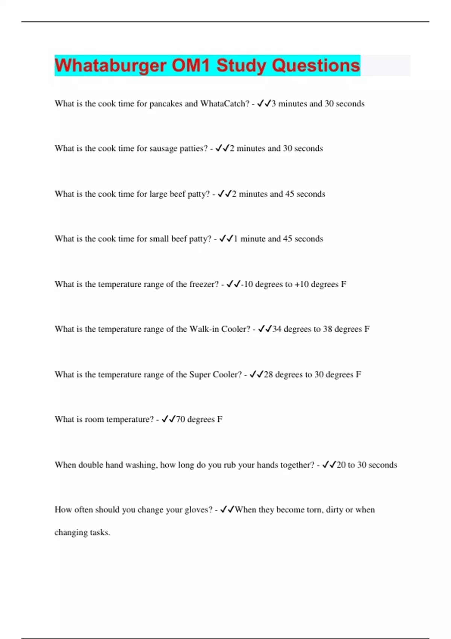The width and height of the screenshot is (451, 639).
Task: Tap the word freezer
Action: [204, 285]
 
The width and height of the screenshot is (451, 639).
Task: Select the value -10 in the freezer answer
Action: [247, 285]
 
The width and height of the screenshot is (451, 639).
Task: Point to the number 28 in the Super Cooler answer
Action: [268, 375]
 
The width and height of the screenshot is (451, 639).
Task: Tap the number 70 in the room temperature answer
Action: [180, 419]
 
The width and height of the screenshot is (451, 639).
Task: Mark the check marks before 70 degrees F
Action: [168, 419]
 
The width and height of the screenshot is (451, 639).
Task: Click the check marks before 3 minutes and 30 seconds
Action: [264, 104]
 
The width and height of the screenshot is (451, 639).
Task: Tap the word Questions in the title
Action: [316, 65]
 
